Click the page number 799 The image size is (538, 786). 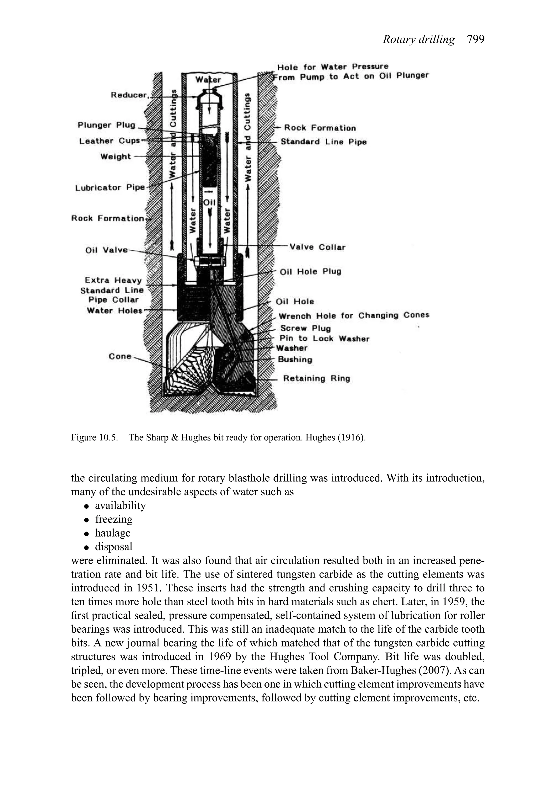point(475,40)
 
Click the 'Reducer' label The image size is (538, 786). point(129,95)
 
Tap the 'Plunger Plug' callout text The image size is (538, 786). point(106,125)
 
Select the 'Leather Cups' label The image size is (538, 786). point(109,141)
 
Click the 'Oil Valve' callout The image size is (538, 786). point(106,250)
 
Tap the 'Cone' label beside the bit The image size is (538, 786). point(120,356)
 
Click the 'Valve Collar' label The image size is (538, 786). point(317,247)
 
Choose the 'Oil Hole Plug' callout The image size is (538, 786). point(310,272)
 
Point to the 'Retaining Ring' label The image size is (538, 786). point(316,378)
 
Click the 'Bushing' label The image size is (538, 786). point(295,360)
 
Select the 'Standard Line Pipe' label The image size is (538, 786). point(323,142)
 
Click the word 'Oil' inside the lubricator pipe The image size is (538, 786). point(209,202)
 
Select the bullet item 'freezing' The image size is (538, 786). point(114,519)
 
